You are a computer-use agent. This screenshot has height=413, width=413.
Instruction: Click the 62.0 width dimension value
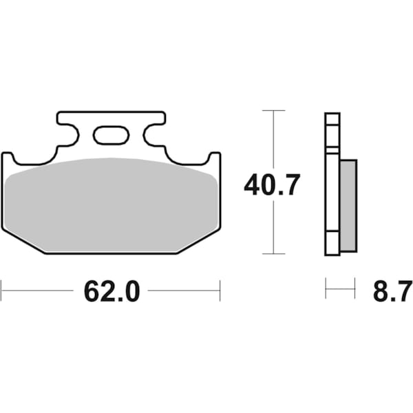tap(112, 291)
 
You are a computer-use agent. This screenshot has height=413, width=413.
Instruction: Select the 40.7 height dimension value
tap(272, 185)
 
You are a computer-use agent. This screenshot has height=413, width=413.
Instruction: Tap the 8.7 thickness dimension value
tap(391, 291)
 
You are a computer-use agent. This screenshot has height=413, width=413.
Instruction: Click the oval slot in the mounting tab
tap(111, 135)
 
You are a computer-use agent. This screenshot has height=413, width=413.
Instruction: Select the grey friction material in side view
tap(348, 204)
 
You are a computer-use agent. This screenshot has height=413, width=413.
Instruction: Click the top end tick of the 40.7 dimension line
tap(274, 110)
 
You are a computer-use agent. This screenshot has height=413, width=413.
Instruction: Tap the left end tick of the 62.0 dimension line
tap(1, 290)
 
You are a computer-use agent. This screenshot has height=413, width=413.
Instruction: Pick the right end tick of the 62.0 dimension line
tap(220, 290)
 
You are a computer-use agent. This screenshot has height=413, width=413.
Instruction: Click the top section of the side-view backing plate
tap(332, 131)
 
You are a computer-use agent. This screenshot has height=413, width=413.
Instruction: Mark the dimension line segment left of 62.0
tap(38, 290)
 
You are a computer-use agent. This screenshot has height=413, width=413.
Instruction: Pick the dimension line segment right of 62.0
tap(184, 290)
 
